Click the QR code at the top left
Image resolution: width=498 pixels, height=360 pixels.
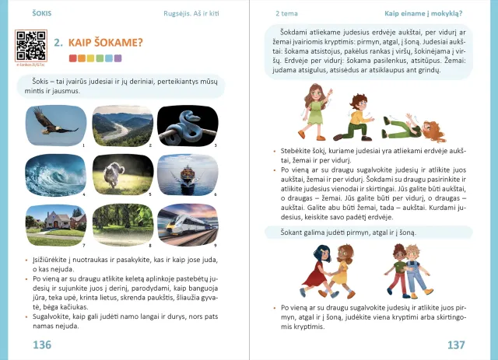(31, 45)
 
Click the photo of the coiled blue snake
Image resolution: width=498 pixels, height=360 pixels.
(182, 124)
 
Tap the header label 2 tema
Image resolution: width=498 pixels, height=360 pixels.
(288, 12)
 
